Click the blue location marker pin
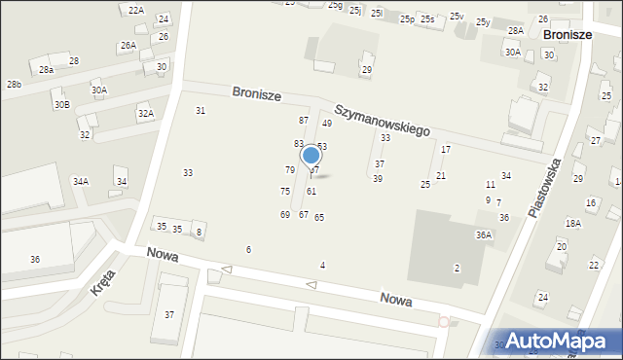tap(311, 156)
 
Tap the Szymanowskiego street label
tap(383, 121)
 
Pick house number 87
tap(304, 120)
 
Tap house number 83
tap(299, 144)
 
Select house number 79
tap(289, 170)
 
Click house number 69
tap(285, 215)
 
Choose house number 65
tap(319, 218)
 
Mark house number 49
tap(327, 124)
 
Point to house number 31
tap(201, 111)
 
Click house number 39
tap(378, 179)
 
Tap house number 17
tap(446, 150)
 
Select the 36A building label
tap(484, 235)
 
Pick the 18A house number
tap(573, 224)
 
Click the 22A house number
tap(136, 10)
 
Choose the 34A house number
tap(81, 182)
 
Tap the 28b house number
tap(14, 85)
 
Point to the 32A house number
tap(145, 114)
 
